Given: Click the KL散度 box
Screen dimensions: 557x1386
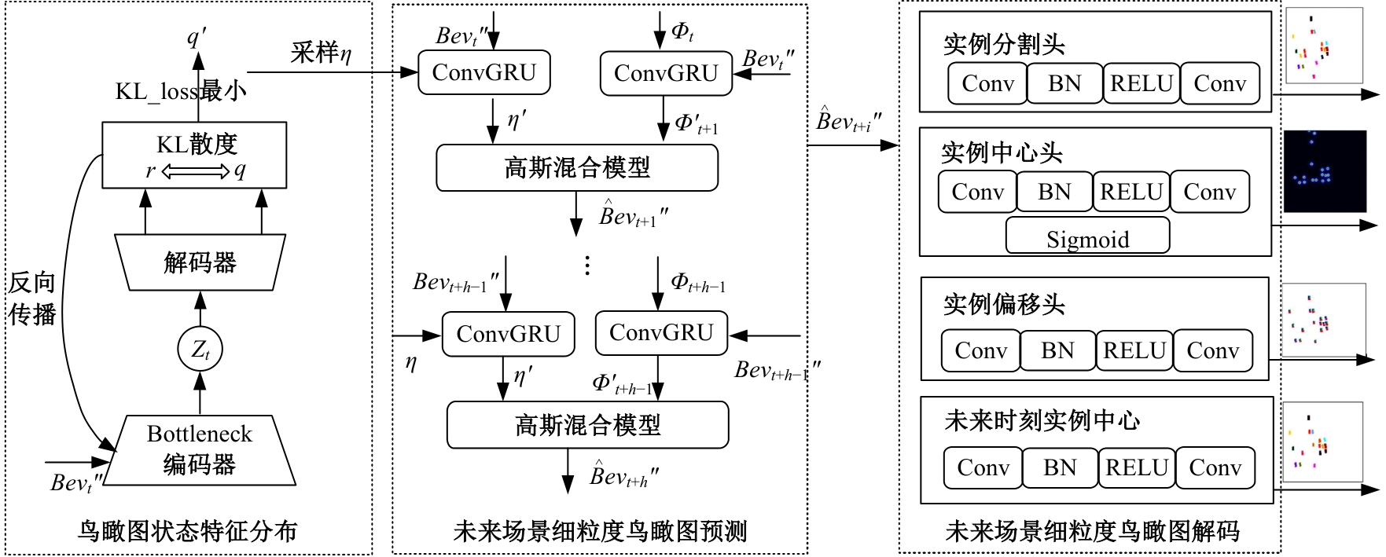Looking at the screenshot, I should (194, 155).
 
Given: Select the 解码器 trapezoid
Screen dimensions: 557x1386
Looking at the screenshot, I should (200, 262).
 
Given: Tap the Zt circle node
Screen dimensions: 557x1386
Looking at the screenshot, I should (200, 349).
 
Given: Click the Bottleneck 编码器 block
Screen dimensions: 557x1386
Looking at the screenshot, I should (200, 449).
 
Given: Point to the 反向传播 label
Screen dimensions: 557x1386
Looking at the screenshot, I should (32, 299).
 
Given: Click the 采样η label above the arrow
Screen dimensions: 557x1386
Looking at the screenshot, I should (321, 53).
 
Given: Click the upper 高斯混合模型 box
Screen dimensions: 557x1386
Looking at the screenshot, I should (577, 167).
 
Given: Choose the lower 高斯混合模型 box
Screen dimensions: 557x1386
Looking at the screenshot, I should (587, 425).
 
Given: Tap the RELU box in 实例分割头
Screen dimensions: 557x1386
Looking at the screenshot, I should (1142, 83).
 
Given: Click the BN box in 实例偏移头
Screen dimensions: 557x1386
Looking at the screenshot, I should (1057, 350).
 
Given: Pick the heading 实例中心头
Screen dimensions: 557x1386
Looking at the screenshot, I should (1002, 152).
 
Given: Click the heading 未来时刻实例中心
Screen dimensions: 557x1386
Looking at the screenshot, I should (1042, 421).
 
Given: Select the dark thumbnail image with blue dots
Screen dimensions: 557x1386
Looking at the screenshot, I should (1325, 171).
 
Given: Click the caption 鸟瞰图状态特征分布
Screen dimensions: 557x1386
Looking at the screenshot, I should (187, 531).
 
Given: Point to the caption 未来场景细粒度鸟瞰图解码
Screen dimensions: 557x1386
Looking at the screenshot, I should (1092, 532).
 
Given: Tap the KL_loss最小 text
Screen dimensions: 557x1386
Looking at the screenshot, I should (181, 91).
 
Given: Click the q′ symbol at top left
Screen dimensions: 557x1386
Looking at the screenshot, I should (196, 37).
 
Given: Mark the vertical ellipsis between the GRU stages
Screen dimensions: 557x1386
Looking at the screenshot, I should (587, 265).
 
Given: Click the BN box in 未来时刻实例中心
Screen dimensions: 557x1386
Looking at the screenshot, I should (1060, 467).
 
